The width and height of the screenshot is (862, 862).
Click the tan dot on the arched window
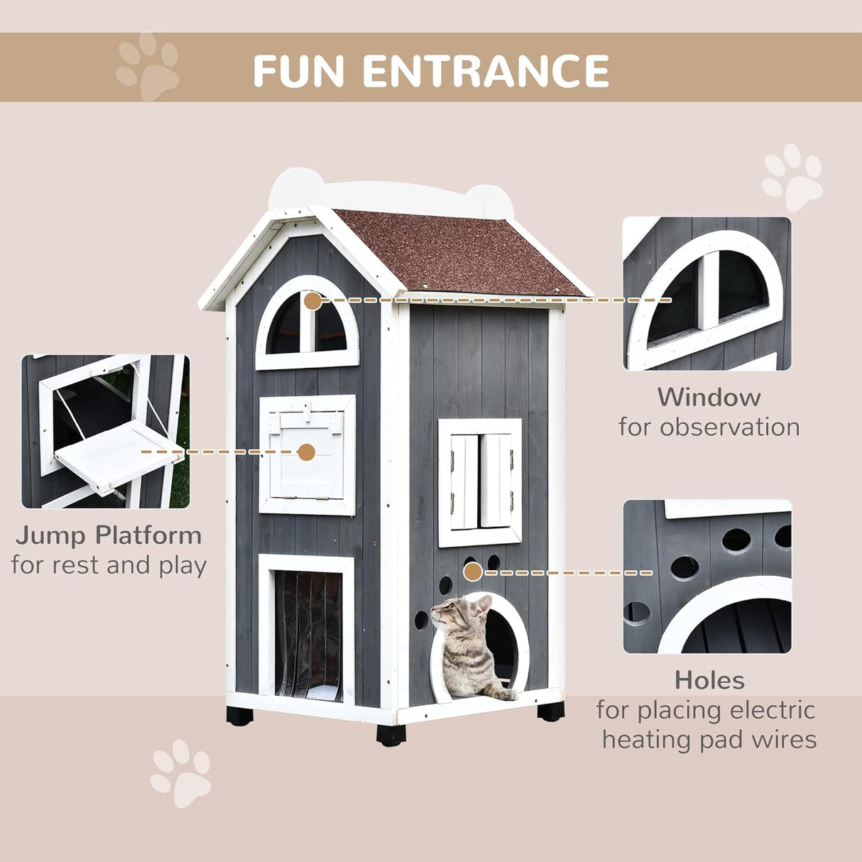tap(312, 300)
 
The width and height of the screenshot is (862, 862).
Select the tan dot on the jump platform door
tap(306, 452)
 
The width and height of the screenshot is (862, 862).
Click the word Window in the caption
tap(708, 397)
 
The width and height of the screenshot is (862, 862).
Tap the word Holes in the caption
tap(709, 680)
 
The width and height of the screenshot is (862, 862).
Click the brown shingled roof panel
tap(462, 252)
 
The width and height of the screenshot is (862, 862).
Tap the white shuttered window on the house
tap(480, 482)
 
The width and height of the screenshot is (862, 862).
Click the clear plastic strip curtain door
tap(307, 635)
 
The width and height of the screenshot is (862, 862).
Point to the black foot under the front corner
tap(391, 734)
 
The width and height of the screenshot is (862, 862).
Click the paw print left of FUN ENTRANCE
tap(148, 67)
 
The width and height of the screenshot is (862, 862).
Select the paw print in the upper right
tap(792, 177)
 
